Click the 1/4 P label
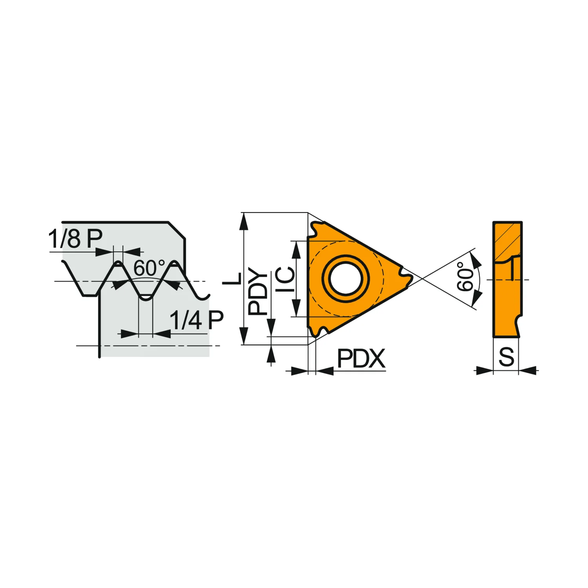click(x=196, y=320)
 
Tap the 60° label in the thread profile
click(x=149, y=268)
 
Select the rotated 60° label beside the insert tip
click(x=466, y=277)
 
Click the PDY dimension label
click(x=258, y=291)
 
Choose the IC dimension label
click(x=285, y=279)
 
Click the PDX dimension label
click(x=361, y=358)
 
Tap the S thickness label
click(x=506, y=357)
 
